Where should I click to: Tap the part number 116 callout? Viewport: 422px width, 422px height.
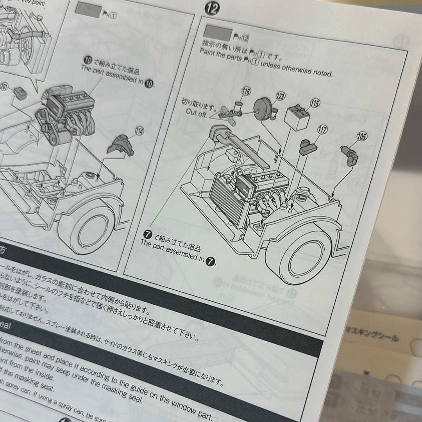click(245, 92)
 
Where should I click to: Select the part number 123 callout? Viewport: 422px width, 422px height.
click(280, 96)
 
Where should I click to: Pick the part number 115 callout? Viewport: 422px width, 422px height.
click(315, 103)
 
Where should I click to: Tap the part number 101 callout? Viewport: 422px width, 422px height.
click(4, 87)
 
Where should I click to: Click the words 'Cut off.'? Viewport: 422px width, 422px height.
click(196, 112)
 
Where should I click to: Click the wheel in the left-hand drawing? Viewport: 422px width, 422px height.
click(89, 228)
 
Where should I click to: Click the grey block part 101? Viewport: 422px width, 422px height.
click(20, 93)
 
